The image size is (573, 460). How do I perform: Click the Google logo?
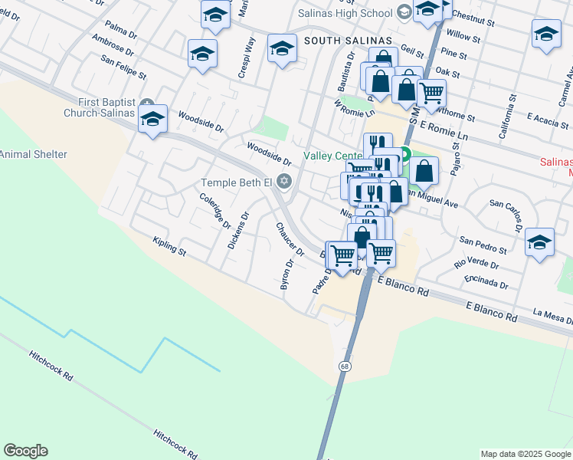point(25,451)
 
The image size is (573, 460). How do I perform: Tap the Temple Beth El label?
point(236,182)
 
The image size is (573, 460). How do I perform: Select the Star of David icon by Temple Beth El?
point(284,182)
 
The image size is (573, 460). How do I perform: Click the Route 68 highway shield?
point(346,366)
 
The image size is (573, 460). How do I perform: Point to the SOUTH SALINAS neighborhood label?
point(348,40)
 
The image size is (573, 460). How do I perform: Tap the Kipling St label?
point(169,245)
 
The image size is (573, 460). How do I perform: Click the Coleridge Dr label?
point(215,211)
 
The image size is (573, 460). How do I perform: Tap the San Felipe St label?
point(123,67)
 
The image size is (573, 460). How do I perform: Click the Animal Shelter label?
point(33,154)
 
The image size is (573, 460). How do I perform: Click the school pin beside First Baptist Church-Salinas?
point(153,120)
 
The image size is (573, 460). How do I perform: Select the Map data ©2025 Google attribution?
point(526,454)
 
